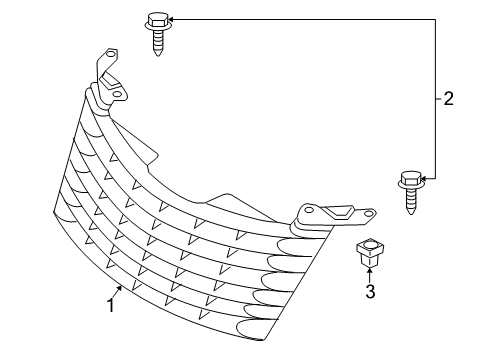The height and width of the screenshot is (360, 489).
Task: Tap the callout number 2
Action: coord(449,98)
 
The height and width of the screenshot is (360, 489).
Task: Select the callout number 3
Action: coord(370,293)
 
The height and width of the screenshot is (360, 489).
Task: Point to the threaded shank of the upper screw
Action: coord(157,43)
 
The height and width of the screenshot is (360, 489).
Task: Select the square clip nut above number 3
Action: coord(369,252)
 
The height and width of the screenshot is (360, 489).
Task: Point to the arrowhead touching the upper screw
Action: coord(170,18)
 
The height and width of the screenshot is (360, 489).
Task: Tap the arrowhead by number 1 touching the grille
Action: coord(123,287)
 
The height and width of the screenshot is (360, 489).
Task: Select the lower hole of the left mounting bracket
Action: coord(118,94)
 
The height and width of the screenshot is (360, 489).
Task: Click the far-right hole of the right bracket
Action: coord(370,212)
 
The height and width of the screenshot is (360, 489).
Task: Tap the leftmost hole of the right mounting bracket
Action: coord(306,211)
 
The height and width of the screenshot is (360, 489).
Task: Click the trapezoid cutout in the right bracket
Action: coord(338,211)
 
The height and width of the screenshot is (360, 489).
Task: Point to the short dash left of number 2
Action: coord(438,98)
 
